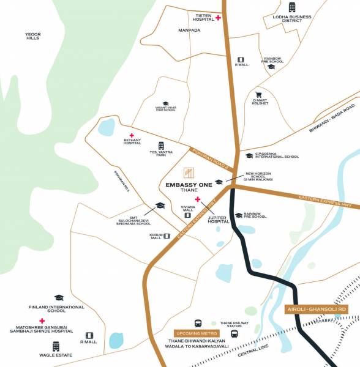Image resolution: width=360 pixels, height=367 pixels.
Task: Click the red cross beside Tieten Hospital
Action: tap(219, 18)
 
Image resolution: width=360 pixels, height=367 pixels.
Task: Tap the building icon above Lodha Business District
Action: tap(292, 7)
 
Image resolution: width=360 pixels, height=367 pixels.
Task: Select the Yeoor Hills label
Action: tap(32, 35)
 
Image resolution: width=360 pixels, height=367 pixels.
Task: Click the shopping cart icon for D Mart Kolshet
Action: tap(258, 95)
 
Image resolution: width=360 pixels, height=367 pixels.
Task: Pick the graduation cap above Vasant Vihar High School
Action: tap(165, 104)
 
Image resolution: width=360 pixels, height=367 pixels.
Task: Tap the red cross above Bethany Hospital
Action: tap(131, 136)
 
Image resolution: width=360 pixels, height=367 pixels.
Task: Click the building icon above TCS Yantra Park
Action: tap(162, 146)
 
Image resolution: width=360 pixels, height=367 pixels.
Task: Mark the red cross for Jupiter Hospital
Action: tap(197, 199)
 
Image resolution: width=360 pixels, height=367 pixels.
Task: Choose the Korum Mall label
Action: tap(157, 236)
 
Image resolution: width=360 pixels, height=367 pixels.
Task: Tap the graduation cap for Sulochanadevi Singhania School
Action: tap(160, 206)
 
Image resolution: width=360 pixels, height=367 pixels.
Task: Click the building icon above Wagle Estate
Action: tap(56, 346)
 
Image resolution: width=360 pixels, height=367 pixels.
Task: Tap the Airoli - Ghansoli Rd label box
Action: tap(317, 310)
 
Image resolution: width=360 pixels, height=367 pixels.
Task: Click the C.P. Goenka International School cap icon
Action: tap(249, 156)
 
